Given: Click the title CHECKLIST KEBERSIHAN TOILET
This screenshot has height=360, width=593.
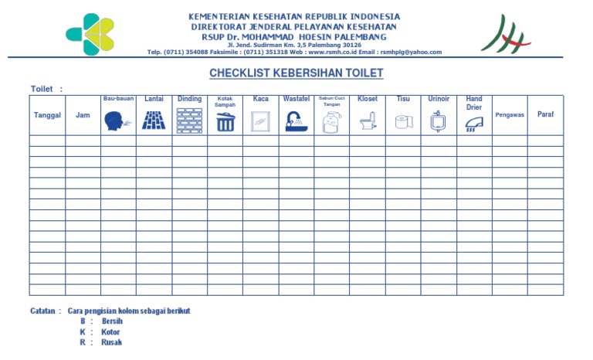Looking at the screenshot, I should click(296, 73).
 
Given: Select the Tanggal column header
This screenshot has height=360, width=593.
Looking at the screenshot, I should click(47, 115).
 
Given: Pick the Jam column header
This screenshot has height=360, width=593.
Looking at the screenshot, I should click(83, 115).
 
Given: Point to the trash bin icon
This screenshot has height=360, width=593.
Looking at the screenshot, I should click(225, 121).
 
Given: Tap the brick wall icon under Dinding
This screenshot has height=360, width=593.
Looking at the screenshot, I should click(189, 120).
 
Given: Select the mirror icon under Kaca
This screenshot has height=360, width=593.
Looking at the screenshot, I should click(260, 121).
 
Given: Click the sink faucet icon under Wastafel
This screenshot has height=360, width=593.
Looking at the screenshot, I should click(296, 121).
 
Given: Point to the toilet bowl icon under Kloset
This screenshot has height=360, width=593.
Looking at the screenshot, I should click(368, 121).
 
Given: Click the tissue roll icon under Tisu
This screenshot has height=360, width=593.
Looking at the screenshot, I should click(403, 121).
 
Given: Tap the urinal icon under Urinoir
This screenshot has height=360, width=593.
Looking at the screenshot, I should click(439, 121).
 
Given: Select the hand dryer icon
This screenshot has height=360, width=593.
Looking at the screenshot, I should click(474, 124).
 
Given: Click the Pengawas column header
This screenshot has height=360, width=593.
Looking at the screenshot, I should click(510, 115).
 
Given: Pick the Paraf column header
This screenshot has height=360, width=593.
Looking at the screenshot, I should click(546, 114).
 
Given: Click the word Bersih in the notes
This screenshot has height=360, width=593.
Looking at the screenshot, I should click(113, 321).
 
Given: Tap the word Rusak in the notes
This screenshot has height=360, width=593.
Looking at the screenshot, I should click(111, 342).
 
